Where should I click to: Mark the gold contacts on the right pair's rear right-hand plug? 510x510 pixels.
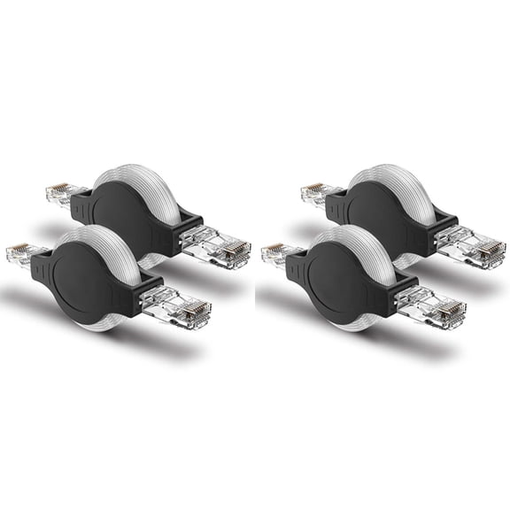(492, 252)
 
